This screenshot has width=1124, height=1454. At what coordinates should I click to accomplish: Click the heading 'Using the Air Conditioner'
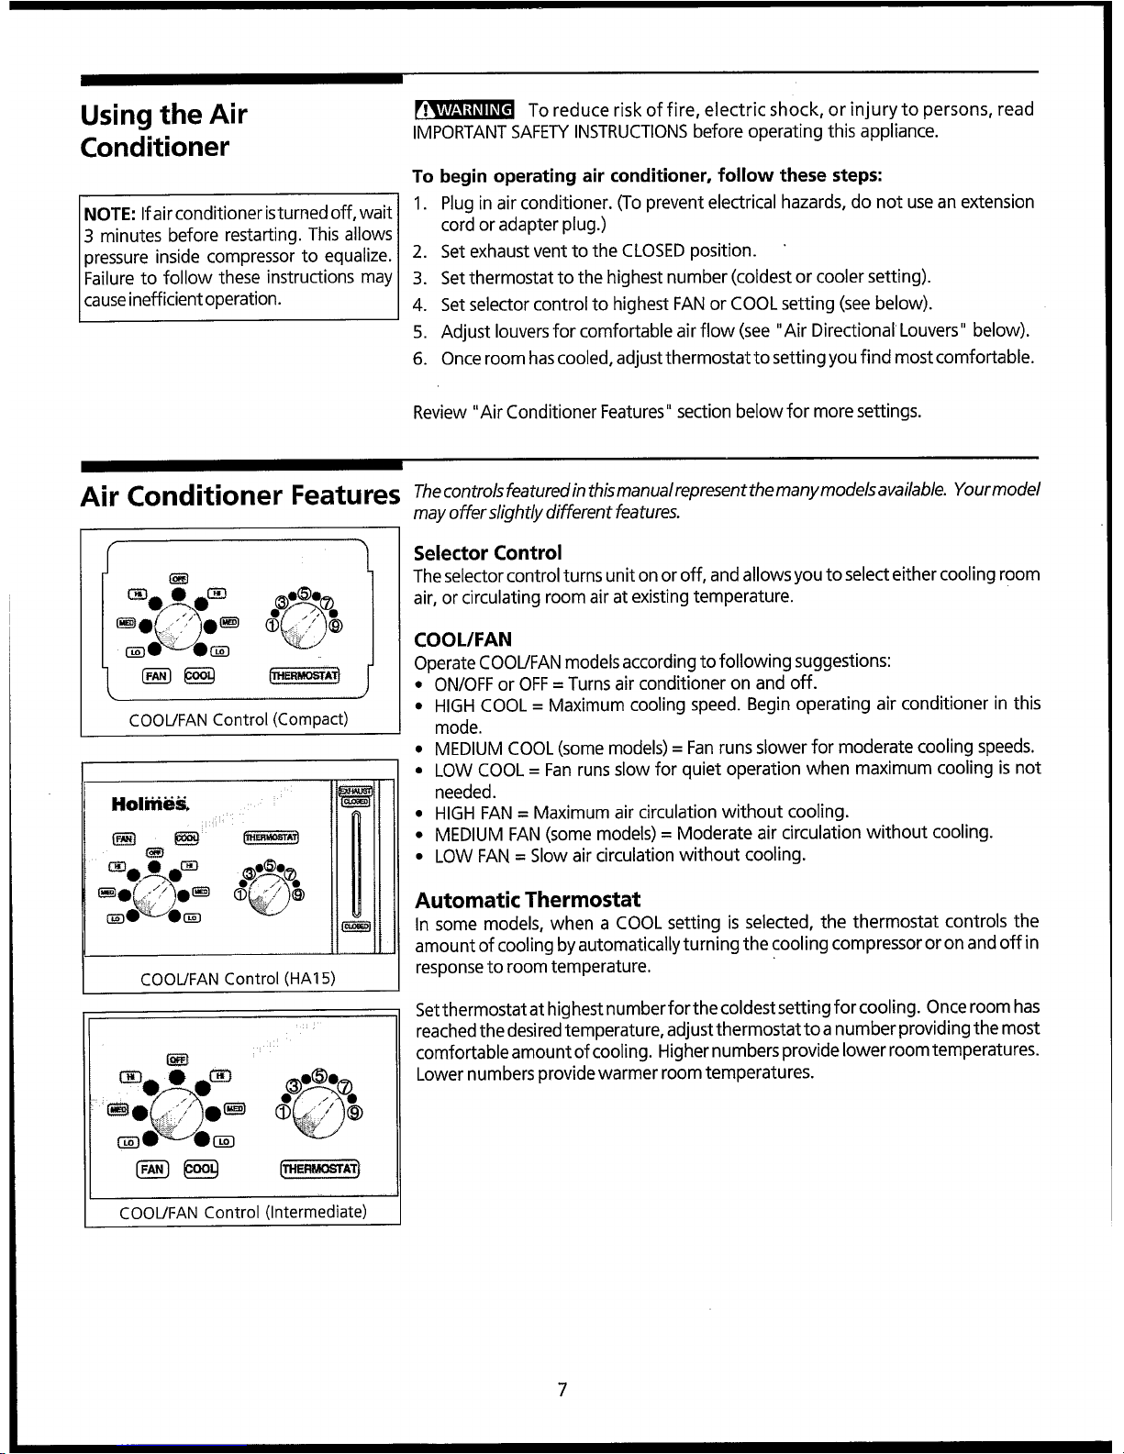click(163, 130)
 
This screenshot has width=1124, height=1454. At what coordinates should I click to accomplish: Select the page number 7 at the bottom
click(562, 1390)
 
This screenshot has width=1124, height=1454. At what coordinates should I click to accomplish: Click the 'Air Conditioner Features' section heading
click(240, 496)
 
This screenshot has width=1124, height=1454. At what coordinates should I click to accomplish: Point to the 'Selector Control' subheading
click(487, 552)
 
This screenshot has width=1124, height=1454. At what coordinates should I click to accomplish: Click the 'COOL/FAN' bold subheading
click(462, 639)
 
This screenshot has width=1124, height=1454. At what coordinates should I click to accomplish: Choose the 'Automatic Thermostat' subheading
click(528, 899)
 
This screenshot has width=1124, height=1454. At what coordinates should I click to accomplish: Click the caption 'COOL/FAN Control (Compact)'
click(240, 718)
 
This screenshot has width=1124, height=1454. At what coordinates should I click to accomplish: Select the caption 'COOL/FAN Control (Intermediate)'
click(243, 1212)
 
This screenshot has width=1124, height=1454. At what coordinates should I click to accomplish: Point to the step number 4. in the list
click(420, 304)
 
